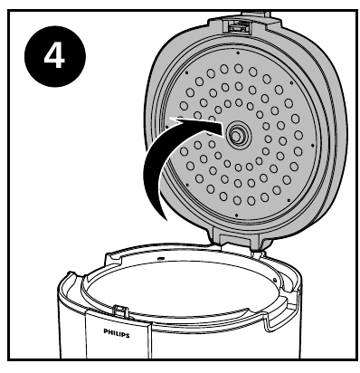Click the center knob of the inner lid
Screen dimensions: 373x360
click(x=239, y=137)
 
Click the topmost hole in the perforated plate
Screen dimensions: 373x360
click(x=237, y=68)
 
